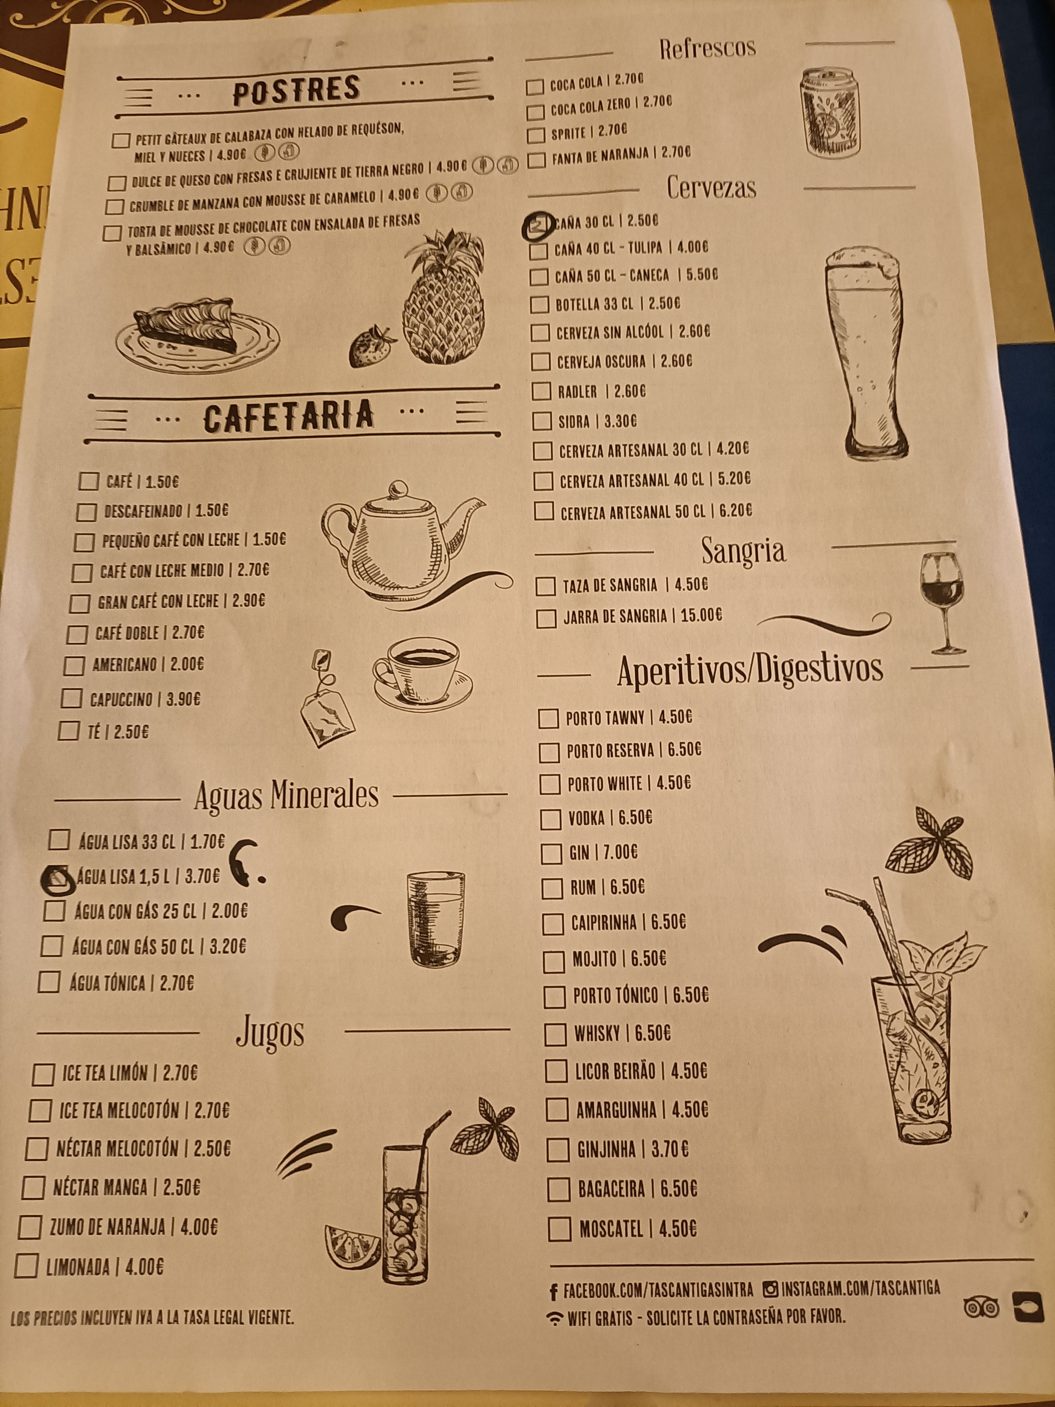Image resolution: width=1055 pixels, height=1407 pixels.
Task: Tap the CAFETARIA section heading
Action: (x=289, y=416)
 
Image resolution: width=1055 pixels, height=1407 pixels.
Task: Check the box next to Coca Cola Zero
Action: (x=536, y=112)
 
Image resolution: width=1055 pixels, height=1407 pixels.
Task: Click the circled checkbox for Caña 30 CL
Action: (x=537, y=224)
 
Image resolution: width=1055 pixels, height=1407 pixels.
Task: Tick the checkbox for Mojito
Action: (x=554, y=961)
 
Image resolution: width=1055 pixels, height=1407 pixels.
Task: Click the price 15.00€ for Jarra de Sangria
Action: (x=700, y=616)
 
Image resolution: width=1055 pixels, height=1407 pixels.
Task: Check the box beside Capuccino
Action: (x=71, y=699)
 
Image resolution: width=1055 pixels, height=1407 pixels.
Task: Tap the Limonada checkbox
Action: (x=26, y=1266)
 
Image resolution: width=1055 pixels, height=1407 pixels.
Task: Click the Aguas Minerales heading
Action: (x=286, y=795)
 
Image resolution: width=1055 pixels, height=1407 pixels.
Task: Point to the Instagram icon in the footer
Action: (x=770, y=1289)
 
